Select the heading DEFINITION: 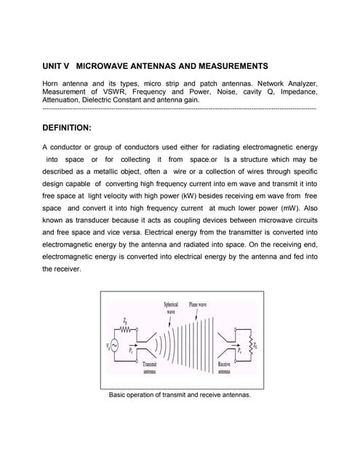pos(67,127)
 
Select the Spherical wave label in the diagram pos(171,307)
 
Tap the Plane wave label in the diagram pos(198,304)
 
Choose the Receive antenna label pos(224,366)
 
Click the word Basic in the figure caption pos(118,395)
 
